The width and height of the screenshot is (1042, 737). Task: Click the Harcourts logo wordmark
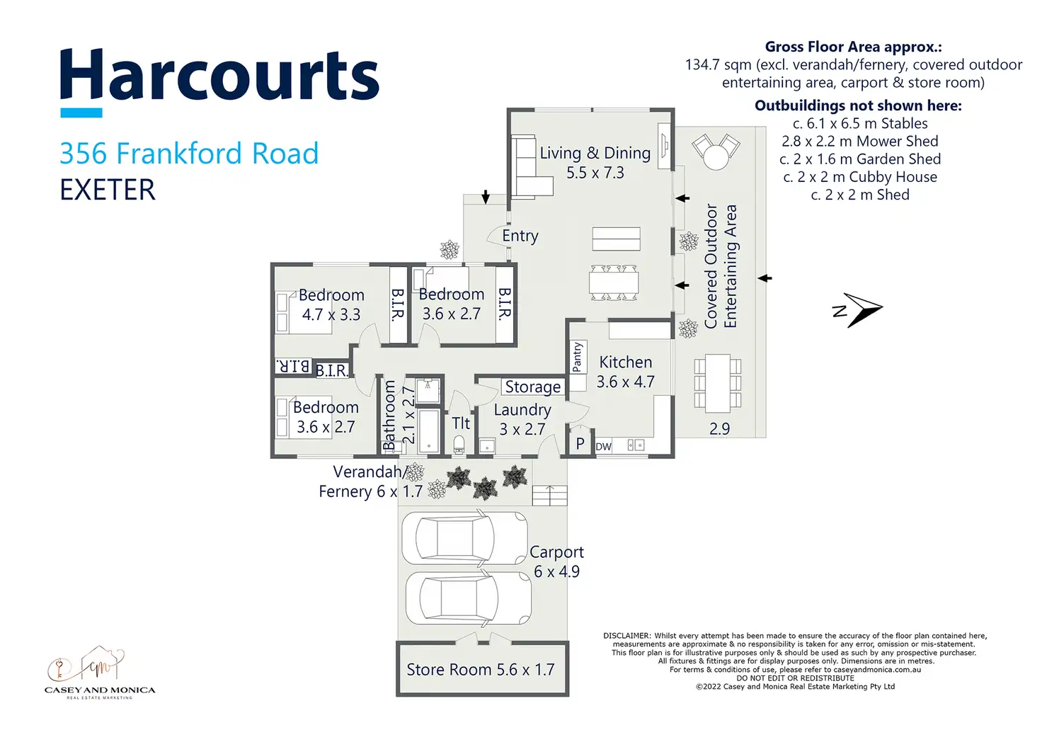pyautogui.click(x=219, y=76)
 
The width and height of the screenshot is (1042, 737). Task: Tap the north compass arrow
pyautogui.click(x=859, y=310)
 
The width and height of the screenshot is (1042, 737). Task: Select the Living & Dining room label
pyautogui.click(x=595, y=162)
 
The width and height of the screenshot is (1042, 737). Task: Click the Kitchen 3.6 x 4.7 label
pyautogui.click(x=625, y=372)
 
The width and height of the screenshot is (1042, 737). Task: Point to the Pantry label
pyautogui.click(x=577, y=357)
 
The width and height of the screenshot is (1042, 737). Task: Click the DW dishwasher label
pyautogui.click(x=603, y=447)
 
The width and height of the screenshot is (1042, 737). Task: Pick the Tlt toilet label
pyautogui.click(x=461, y=423)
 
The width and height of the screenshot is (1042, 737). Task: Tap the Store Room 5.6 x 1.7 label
pyautogui.click(x=480, y=670)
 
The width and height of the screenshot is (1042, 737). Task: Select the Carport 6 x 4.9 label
pyautogui.click(x=556, y=561)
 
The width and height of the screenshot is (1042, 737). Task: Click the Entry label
pyautogui.click(x=520, y=236)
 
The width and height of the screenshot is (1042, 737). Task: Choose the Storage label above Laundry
pyautogui.click(x=532, y=387)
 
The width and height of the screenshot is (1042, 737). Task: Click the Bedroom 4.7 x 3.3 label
pyautogui.click(x=331, y=304)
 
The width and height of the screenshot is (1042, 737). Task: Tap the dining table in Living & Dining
pyautogui.click(x=614, y=282)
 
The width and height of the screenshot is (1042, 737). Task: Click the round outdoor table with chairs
pyautogui.click(x=716, y=151)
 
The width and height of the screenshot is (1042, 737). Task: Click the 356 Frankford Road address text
pyautogui.click(x=189, y=154)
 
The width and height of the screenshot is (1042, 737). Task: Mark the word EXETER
pyautogui.click(x=108, y=190)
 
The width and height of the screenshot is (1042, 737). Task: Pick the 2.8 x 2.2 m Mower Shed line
pyautogui.click(x=859, y=142)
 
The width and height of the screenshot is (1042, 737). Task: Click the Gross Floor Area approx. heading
pyautogui.click(x=853, y=47)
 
